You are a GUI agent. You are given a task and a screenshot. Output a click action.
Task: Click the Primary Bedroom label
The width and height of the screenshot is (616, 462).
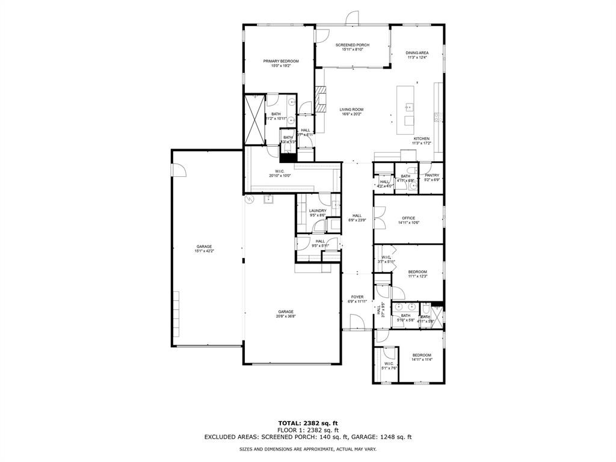281,61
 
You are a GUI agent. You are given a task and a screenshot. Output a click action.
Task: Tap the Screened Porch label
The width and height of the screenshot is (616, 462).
353,45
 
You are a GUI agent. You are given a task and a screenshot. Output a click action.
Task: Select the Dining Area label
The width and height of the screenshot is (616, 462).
417,53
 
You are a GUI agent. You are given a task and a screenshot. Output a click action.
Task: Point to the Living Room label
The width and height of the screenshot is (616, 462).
351,109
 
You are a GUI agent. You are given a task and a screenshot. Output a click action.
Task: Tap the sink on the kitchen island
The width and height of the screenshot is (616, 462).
409,108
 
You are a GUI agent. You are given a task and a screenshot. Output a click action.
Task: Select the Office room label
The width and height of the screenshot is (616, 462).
408,218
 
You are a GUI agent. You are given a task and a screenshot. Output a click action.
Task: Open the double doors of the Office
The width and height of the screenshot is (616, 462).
378,218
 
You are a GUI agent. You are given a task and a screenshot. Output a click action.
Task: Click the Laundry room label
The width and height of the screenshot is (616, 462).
318,211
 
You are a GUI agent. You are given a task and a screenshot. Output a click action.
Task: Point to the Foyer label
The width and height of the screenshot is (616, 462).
357,297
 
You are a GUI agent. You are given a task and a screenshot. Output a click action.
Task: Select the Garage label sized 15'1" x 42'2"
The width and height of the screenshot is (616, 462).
204,247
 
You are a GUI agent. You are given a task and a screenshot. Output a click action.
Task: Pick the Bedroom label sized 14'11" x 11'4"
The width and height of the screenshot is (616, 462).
421,356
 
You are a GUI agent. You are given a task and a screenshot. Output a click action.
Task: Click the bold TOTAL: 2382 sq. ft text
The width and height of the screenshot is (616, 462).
308,423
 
